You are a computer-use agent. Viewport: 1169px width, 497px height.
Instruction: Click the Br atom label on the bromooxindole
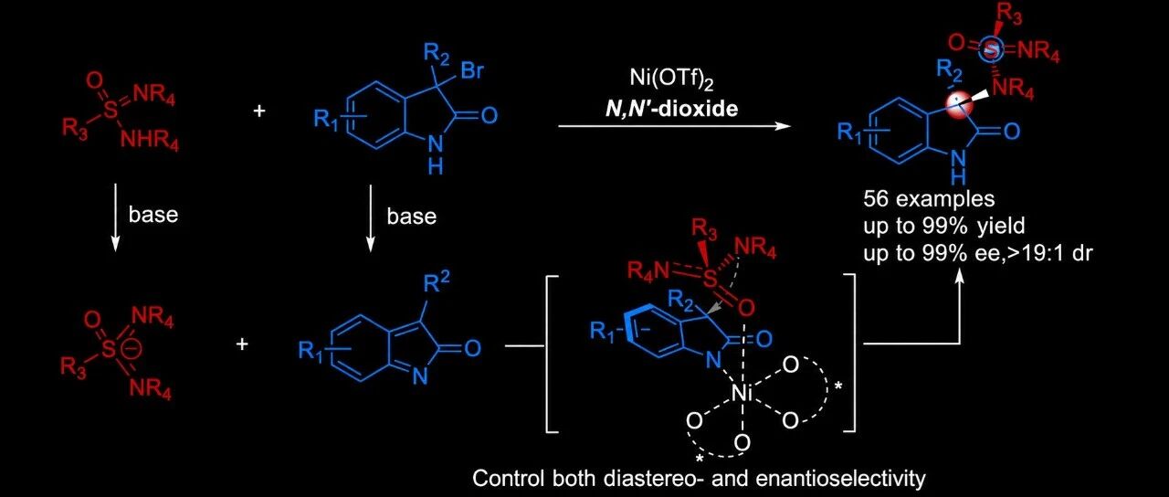472,70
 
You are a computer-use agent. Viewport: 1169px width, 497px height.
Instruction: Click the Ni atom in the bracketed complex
742,394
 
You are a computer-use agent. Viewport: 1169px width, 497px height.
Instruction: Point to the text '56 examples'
929,198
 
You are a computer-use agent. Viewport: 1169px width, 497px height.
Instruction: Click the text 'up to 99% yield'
944,226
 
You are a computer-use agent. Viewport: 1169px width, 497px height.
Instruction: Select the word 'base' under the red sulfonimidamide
153,215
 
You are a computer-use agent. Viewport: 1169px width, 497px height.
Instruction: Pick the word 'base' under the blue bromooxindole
411,217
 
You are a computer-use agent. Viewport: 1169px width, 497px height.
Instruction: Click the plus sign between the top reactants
258,111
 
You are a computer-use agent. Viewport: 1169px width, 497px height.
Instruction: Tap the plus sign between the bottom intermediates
242,344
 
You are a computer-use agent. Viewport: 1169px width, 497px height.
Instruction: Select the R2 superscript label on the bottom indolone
437,284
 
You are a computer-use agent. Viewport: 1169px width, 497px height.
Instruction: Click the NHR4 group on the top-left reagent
149,140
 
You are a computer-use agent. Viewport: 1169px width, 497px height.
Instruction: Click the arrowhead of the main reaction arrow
783,126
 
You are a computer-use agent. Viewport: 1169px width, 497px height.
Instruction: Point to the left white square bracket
552,354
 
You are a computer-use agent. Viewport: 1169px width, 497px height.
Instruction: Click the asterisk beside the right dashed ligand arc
838,386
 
